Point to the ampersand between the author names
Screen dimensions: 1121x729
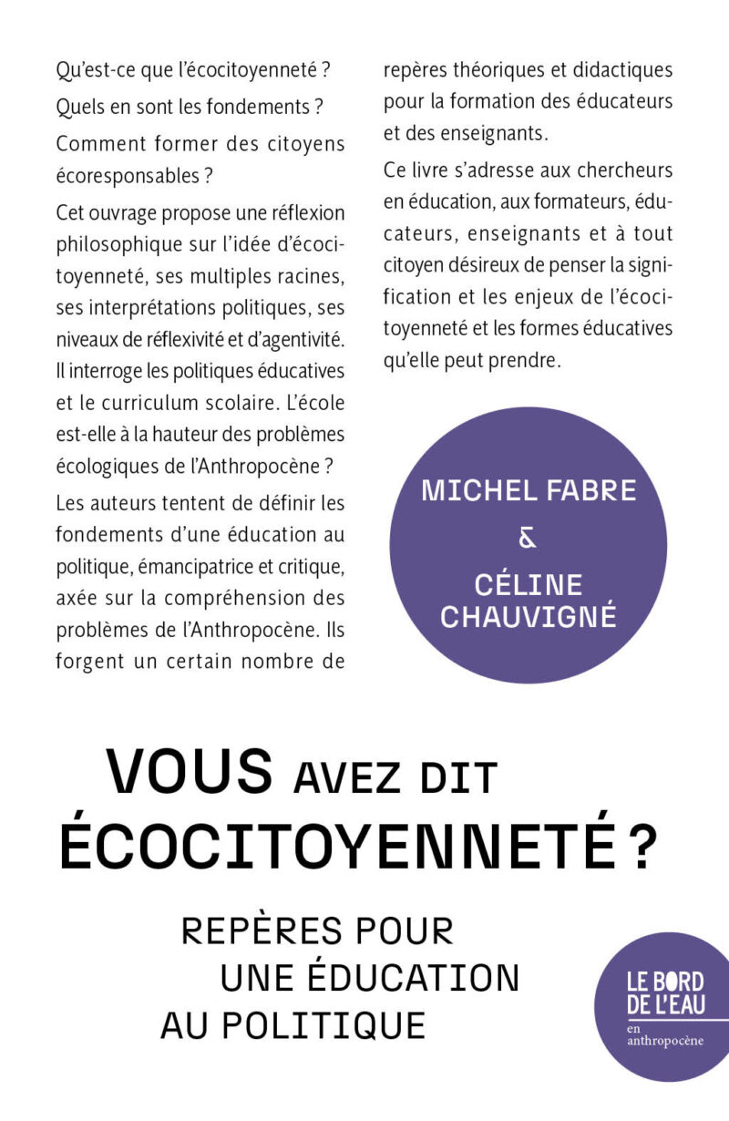528,540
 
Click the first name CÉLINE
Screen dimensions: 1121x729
528,584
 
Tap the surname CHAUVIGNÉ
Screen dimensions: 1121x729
529,617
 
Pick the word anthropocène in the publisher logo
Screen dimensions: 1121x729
665,1041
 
